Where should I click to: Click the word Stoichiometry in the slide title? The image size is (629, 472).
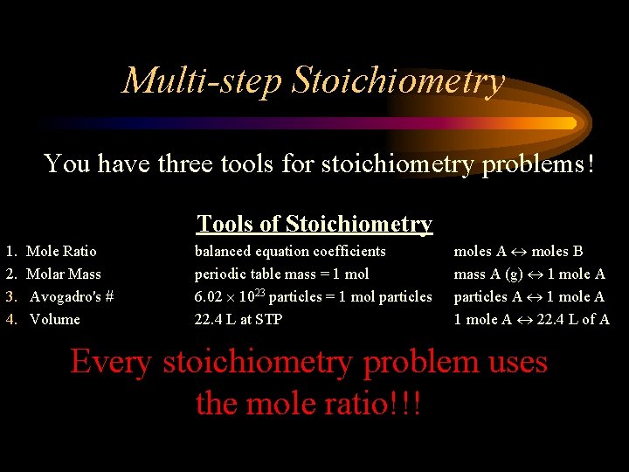[398, 81]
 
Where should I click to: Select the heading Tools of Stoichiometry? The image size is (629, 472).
[314, 224]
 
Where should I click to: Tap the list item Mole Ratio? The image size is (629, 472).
[62, 252]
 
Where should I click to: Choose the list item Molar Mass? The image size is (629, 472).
[64, 274]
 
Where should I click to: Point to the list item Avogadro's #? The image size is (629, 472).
[72, 297]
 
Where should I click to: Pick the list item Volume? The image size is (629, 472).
[55, 320]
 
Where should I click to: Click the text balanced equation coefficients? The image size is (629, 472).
[289, 252]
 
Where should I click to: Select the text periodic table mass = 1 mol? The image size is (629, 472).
[281, 274]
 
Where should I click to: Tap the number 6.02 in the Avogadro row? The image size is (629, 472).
[210, 297]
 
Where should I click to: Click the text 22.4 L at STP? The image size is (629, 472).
[238, 320]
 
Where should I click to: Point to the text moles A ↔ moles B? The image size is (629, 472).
[518, 252]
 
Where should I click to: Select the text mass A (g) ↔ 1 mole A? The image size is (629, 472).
[529, 274]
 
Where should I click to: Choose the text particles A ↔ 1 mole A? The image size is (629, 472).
[529, 297]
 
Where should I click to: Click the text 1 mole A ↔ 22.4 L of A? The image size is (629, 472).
[531, 320]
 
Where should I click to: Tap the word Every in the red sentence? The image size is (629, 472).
[113, 362]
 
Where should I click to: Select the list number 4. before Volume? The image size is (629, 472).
[11, 320]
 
